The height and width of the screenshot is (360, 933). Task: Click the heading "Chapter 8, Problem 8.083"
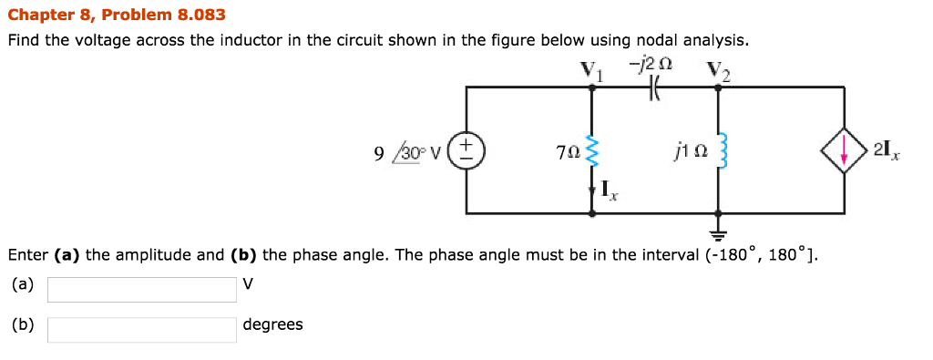click(116, 15)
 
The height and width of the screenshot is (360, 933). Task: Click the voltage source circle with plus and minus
click(466, 149)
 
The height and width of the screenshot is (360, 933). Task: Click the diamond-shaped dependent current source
click(844, 150)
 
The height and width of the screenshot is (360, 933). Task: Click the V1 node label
click(592, 69)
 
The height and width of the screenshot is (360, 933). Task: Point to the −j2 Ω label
click(651, 65)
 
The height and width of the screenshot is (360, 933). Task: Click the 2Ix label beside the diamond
click(888, 150)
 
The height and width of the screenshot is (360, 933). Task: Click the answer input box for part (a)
click(142, 289)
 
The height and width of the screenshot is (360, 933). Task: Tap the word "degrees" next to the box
click(272, 324)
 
